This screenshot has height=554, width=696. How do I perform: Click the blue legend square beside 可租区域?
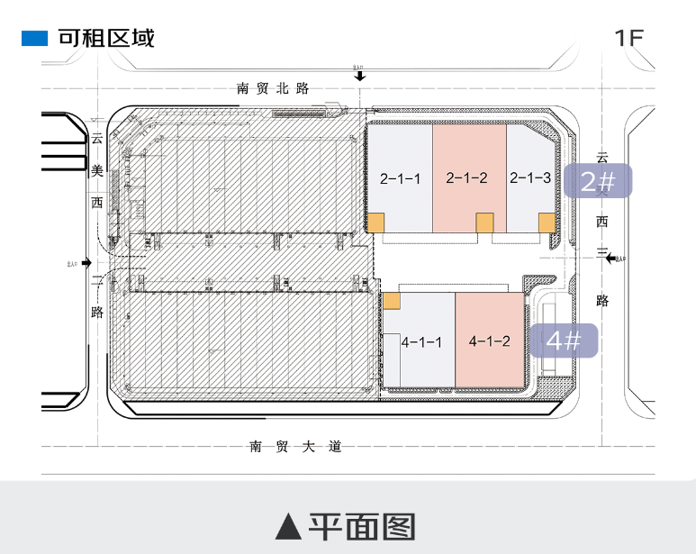[34, 38]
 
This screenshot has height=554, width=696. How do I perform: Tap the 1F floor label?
[629, 38]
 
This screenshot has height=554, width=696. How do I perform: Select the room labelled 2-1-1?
[400, 178]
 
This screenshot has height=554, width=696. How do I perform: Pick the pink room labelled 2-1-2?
[468, 178]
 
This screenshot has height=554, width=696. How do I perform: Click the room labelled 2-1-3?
[530, 178]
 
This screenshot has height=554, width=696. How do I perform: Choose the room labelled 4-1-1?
[420, 342]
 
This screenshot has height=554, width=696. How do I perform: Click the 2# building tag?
[598, 182]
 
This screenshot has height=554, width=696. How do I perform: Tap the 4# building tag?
[563, 341]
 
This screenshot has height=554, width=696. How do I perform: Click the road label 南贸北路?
[273, 88]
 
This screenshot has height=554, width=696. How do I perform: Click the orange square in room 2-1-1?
[375, 223]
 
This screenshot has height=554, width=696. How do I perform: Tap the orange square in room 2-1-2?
[484, 223]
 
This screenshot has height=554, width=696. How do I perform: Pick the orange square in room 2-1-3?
[546, 223]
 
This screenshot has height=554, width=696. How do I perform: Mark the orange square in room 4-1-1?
[392, 301]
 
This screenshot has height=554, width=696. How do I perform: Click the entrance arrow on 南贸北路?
[360, 76]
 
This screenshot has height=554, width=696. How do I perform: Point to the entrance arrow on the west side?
[86, 262]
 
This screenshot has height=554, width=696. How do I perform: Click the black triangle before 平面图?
[287, 526]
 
